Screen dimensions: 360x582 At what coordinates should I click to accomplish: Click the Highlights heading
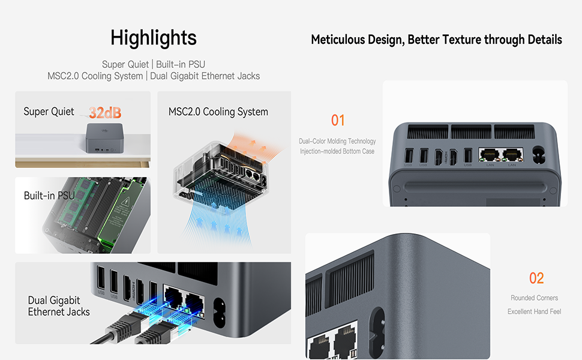[154, 38]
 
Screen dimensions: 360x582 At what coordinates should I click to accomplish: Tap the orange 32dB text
[105, 112]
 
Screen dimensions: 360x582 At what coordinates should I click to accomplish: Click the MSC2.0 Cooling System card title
[218, 112]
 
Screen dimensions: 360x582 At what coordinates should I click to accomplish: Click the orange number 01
[338, 121]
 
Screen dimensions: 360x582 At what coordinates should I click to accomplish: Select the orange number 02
[536, 278]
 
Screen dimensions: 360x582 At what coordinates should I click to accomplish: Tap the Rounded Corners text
[534, 298]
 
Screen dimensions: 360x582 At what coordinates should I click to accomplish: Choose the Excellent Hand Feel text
[534, 311]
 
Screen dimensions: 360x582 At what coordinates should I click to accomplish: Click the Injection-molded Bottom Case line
[337, 151]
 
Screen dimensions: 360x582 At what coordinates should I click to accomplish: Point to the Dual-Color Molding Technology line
[337, 141]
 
